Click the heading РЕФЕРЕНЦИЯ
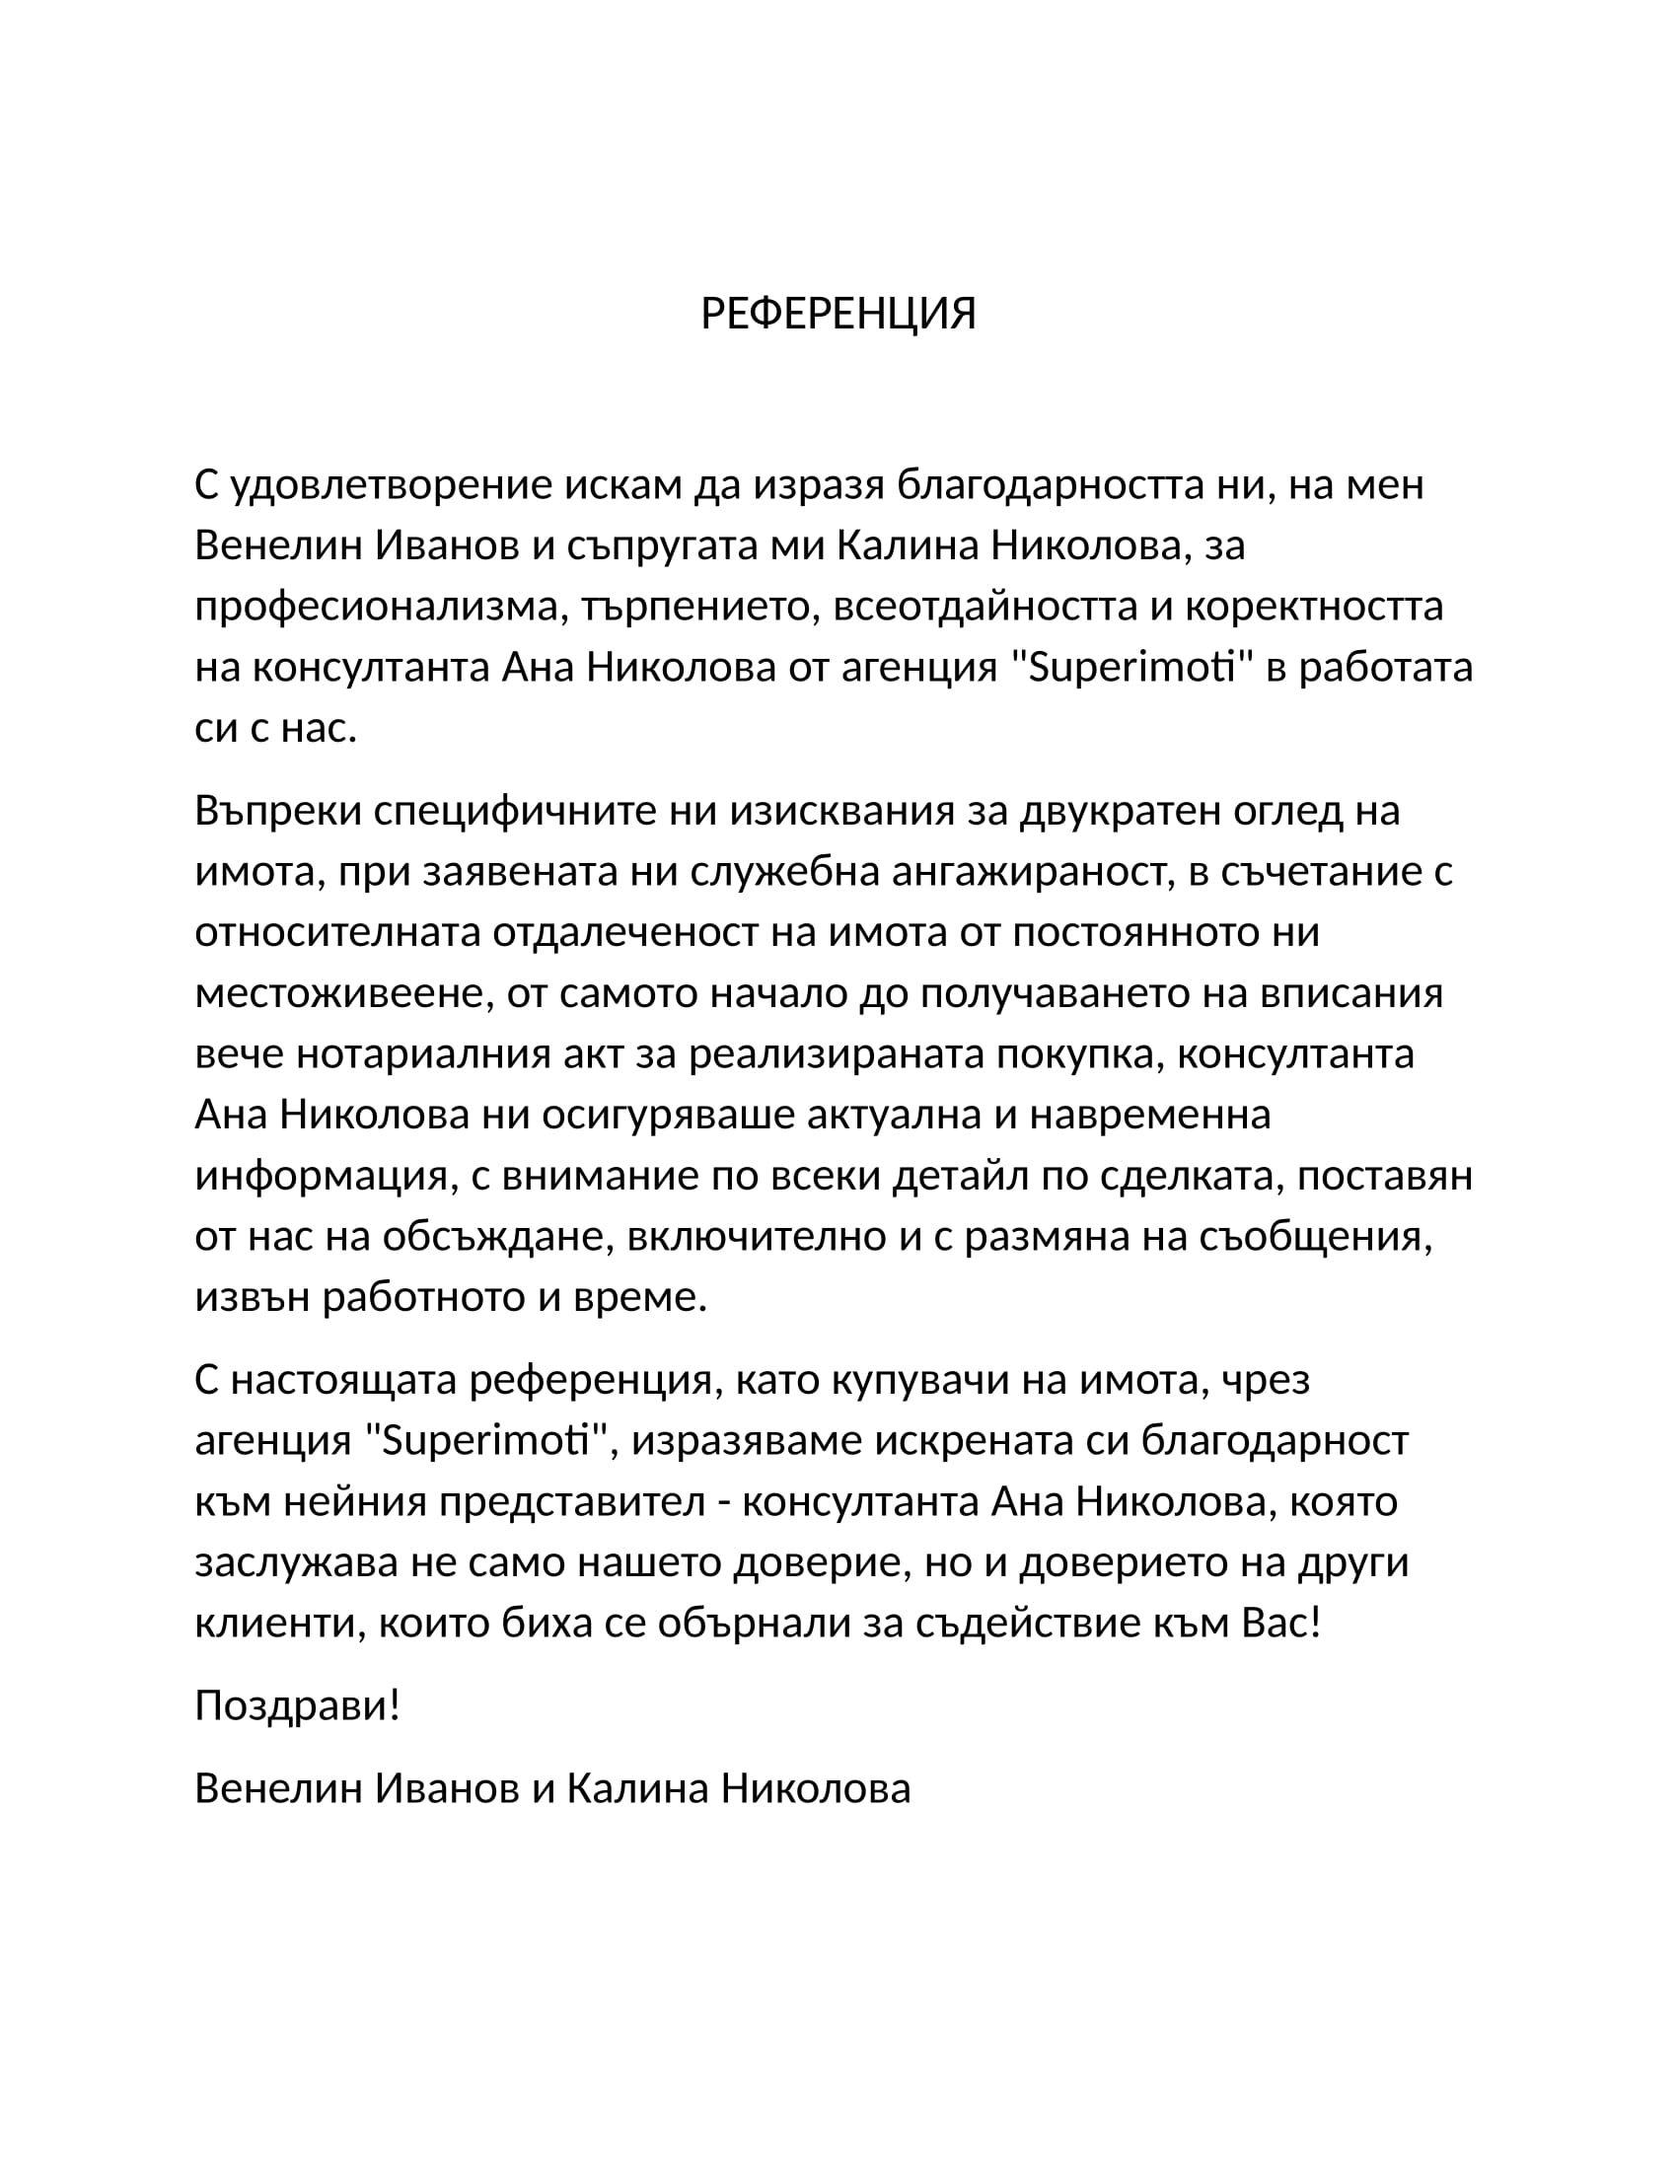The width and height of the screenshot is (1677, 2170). [838, 314]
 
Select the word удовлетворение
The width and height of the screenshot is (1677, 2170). [392, 486]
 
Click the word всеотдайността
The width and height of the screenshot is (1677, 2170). [984, 607]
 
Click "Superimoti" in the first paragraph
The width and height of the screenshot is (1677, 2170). [1130, 668]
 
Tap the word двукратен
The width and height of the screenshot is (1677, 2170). [1121, 811]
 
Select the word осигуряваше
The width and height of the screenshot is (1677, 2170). [667, 1115]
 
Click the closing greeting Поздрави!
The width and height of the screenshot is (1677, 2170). [297, 1706]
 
